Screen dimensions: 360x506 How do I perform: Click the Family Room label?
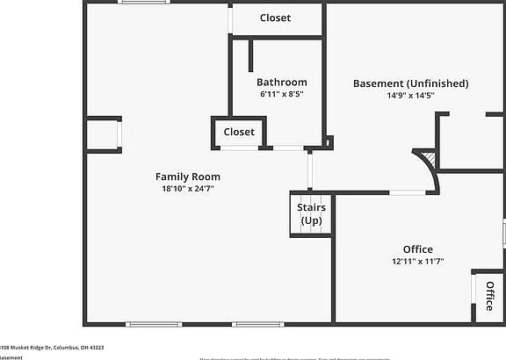(187, 176)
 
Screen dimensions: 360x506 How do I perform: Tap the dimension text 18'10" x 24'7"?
(187, 188)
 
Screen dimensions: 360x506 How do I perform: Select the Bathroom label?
(281, 83)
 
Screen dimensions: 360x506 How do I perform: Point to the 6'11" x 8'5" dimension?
(281, 94)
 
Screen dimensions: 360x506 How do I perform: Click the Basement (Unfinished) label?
(410, 83)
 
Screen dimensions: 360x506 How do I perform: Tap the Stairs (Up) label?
(311, 213)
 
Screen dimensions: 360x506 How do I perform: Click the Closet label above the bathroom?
(275, 18)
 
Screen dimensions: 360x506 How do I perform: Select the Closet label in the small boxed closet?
(239, 132)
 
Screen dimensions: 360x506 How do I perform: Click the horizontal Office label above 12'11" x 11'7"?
(417, 249)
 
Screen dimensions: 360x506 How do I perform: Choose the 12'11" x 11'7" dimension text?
(417, 261)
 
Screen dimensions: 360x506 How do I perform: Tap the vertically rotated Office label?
(489, 295)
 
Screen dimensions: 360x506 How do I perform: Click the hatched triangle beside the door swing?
(428, 159)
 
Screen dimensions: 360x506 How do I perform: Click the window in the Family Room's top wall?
(145, 3)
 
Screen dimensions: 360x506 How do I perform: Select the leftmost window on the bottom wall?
(154, 324)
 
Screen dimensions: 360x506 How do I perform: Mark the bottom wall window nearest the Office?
(258, 324)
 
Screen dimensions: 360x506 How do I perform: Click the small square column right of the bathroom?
(329, 140)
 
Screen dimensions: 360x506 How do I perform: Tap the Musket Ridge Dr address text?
(52, 347)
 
